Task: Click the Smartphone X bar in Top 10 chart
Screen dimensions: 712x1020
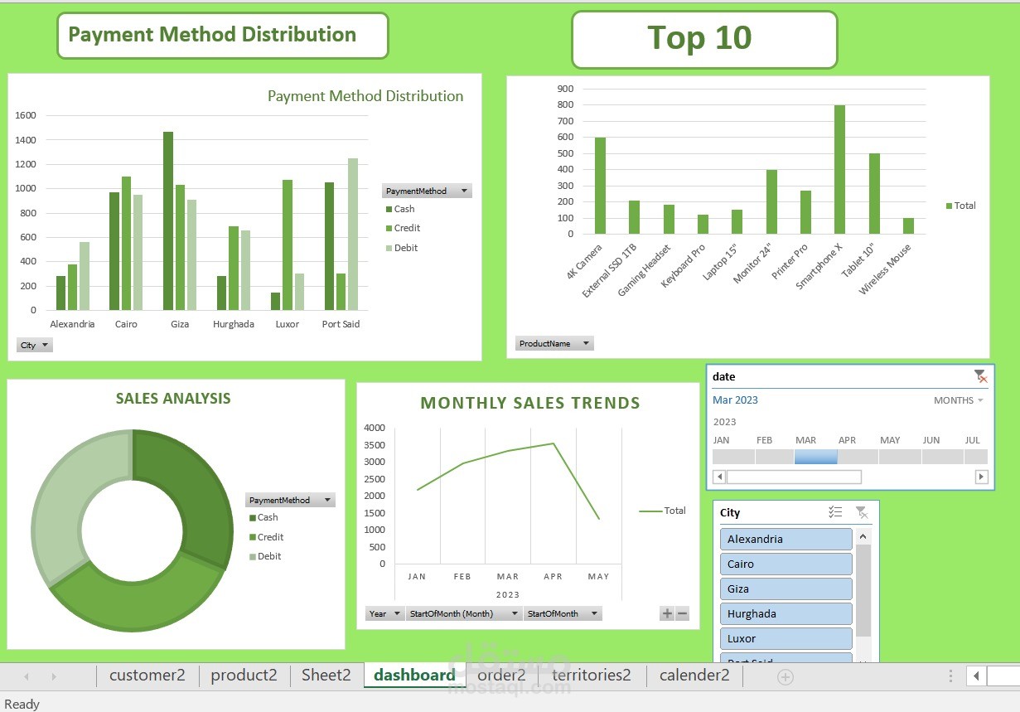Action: click(x=839, y=170)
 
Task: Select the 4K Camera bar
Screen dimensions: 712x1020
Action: click(x=600, y=186)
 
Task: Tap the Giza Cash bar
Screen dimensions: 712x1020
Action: click(x=168, y=220)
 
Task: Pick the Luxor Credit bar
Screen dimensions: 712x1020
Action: click(x=288, y=245)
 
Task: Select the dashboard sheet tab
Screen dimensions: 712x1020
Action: click(x=414, y=675)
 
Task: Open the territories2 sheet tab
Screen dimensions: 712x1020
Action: click(x=592, y=675)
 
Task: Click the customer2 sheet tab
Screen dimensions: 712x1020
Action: click(x=147, y=675)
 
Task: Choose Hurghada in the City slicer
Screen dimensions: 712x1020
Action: click(x=786, y=613)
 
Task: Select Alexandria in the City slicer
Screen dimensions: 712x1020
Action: click(x=786, y=539)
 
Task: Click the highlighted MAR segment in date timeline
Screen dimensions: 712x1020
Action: click(x=815, y=457)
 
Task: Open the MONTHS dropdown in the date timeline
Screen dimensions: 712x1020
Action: click(x=958, y=400)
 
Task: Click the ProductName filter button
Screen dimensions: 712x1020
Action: click(x=554, y=343)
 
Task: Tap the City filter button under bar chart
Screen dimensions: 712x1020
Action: click(x=35, y=345)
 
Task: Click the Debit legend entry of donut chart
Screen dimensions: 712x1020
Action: click(x=268, y=556)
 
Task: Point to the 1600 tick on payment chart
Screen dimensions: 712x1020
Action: click(x=26, y=116)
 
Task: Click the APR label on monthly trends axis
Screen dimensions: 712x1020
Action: click(x=553, y=576)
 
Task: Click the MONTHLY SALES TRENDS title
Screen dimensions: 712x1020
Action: click(x=530, y=404)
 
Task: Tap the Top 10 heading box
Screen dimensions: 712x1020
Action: click(x=703, y=39)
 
